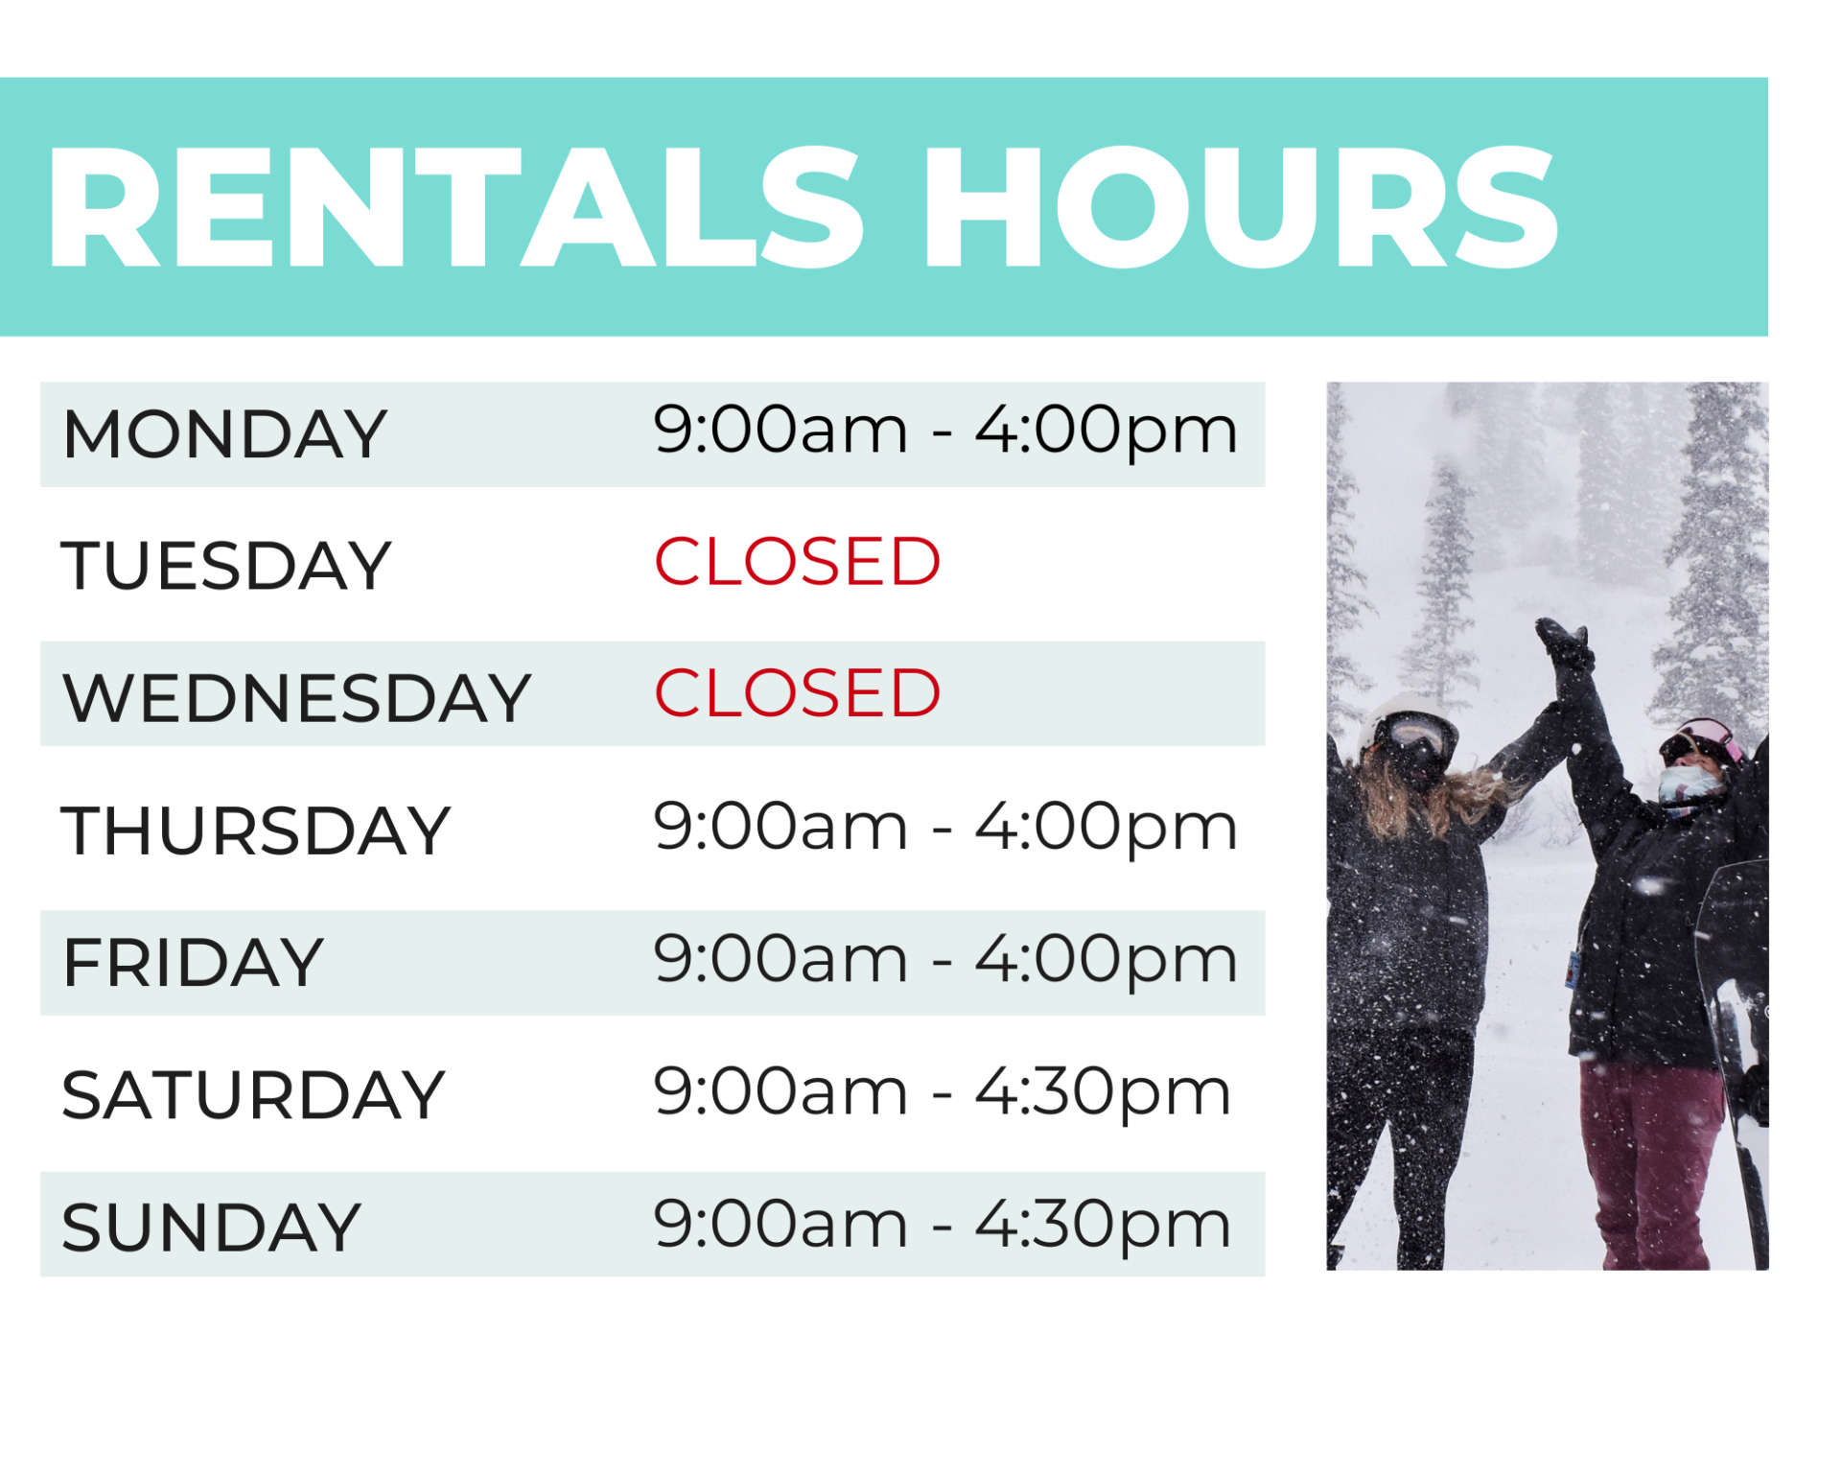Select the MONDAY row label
pos(224,434)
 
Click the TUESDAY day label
pos(226,566)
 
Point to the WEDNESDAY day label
pos(296,698)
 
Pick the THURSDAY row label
pos(255,830)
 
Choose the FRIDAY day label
pos(193,963)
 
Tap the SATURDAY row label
pos(253,1095)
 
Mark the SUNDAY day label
pos(211,1227)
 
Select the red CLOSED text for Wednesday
pos(797,693)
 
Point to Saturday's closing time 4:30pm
pos(1103,1092)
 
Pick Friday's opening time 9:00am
pos(781,959)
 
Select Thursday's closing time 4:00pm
pos(1107,828)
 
